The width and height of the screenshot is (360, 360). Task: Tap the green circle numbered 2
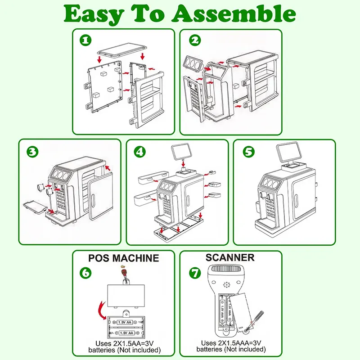point(194,40)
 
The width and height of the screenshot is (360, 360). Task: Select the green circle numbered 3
point(32,151)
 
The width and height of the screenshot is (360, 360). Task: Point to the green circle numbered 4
point(140,151)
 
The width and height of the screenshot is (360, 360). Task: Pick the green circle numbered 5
point(248,151)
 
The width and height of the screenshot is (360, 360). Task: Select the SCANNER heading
point(230,258)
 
